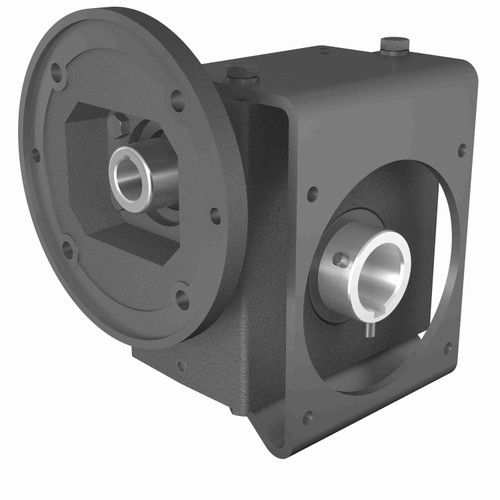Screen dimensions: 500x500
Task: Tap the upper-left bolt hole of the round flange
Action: (57, 72)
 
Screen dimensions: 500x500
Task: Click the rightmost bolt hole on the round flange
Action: (215, 214)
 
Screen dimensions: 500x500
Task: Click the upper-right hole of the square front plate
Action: (461, 150)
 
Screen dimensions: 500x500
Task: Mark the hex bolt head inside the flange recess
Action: (121, 124)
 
